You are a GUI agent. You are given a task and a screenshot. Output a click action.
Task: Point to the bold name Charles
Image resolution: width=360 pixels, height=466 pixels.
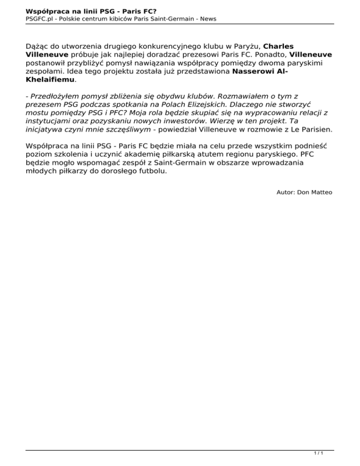click(x=279, y=46)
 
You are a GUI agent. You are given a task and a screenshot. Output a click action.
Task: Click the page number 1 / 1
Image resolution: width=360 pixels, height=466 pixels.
click(x=319, y=453)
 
